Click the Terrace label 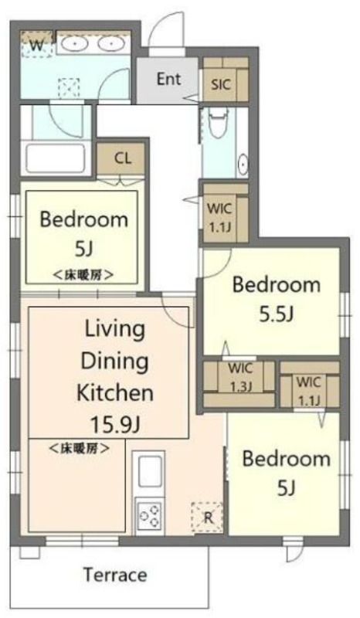point(115,575)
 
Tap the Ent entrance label point(169,79)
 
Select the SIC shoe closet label point(221,84)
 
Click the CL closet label point(123,158)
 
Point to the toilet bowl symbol point(219,121)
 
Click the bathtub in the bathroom point(56,158)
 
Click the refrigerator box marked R point(207,518)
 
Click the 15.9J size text point(115,423)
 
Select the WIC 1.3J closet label point(241,377)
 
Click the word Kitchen point(115,392)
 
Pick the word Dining point(115,362)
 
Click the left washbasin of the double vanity point(74,44)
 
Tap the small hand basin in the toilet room point(243,164)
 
